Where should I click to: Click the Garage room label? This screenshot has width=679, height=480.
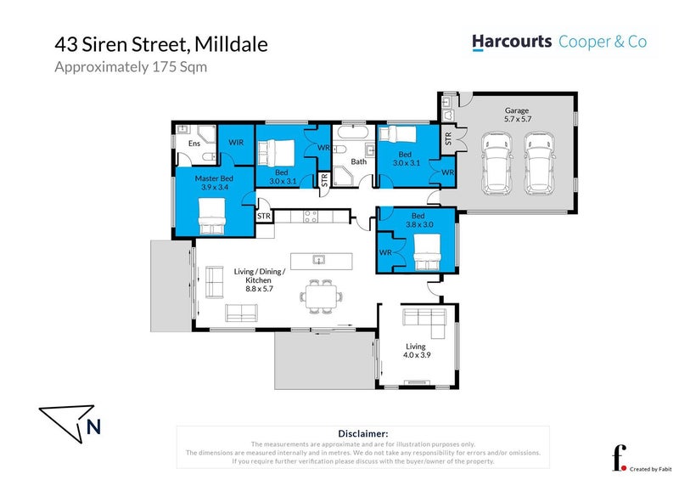point(517,110)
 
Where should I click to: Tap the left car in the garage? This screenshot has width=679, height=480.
point(497,163)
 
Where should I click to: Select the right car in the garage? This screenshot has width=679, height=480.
point(539,163)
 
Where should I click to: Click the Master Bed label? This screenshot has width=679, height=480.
point(214,178)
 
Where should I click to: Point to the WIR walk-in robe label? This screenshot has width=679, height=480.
point(236,142)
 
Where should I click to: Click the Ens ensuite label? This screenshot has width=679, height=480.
point(194,143)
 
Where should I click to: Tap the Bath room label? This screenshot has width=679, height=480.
point(358,161)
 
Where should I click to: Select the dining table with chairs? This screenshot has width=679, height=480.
point(321,296)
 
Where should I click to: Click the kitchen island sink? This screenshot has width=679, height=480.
point(319,260)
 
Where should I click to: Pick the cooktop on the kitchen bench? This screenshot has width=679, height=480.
point(311,217)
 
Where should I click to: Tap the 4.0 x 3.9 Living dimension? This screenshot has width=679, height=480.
point(417,354)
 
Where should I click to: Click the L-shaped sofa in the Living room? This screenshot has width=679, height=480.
point(424,323)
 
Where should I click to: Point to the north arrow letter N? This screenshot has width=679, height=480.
point(93,426)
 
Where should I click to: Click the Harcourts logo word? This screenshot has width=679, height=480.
point(512,42)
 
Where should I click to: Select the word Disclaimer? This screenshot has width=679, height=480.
point(363,433)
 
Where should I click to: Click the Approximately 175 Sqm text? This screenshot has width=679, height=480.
point(131,67)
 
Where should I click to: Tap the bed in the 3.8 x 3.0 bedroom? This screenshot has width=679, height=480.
point(427,252)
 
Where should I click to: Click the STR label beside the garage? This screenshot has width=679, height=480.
point(448,138)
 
